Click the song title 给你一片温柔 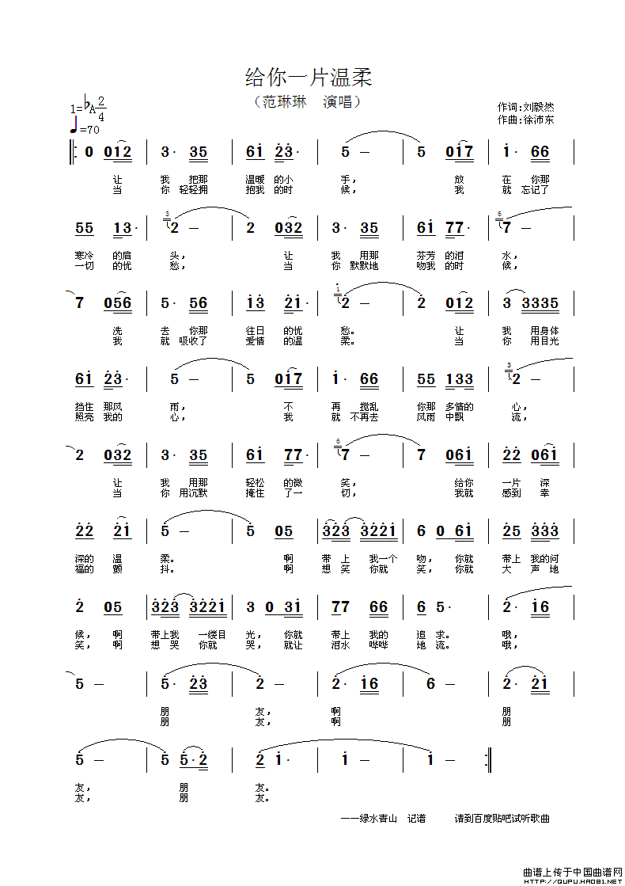[309, 78]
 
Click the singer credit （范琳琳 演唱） [307, 102]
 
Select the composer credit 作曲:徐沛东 [525, 120]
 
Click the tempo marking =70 [89, 130]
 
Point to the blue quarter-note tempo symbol [74, 125]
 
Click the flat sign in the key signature [85, 101]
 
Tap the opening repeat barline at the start [74, 152]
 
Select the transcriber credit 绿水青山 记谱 [383, 818]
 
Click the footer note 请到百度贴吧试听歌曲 [502, 818]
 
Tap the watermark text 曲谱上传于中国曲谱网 [573, 871]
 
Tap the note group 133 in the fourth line [459, 379]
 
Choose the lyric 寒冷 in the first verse [84, 255]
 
